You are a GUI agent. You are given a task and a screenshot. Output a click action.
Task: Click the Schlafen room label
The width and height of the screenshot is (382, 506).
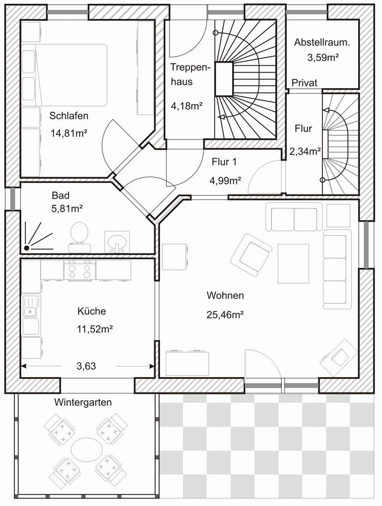point(69,116)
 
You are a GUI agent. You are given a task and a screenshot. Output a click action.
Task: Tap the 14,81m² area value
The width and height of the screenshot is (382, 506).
point(69,133)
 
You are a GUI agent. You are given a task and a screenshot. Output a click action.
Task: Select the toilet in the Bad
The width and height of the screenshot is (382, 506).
point(79,237)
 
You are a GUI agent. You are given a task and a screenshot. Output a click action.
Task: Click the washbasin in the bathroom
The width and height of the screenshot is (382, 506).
point(117,242)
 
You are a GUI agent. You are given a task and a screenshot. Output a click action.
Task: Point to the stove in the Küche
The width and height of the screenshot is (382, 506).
point(80,270)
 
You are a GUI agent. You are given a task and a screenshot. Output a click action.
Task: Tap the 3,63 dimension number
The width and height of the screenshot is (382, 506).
point(86,366)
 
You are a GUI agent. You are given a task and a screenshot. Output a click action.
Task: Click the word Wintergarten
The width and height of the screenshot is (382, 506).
point(83,402)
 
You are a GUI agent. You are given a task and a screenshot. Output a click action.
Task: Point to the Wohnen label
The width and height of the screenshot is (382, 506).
point(225,295)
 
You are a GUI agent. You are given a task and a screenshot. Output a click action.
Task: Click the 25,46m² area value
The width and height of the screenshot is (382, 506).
point(225,315)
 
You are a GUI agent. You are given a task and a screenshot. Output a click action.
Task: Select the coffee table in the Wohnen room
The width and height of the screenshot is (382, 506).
point(293,264)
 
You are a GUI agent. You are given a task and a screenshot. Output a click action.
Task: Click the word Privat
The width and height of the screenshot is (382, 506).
point(304,83)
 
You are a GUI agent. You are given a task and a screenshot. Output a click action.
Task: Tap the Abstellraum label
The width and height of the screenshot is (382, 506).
point(322,42)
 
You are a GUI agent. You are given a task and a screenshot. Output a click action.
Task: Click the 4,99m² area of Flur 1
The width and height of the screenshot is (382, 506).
point(225,181)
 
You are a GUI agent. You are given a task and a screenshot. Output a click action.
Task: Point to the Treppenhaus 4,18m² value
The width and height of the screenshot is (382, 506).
point(187,105)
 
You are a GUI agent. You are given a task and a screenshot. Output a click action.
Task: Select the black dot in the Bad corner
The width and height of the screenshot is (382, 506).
point(26,248)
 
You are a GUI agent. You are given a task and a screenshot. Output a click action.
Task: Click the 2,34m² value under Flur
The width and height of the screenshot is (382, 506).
point(305,151)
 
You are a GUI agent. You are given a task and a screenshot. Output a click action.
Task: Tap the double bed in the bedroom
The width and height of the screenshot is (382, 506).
point(64,75)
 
